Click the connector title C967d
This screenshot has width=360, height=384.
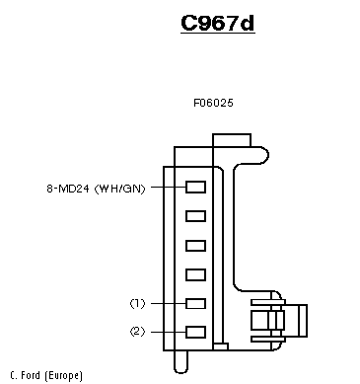click(x=218, y=23)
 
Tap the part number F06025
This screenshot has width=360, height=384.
click(x=213, y=103)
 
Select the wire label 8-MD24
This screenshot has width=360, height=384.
click(x=68, y=189)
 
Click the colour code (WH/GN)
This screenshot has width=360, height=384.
click(x=119, y=189)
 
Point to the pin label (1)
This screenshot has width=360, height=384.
click(x=137, y=303)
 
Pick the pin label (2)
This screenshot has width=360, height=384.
click(x=137, y=332)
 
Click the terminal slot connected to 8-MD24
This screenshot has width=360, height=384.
click(x=196, y=187)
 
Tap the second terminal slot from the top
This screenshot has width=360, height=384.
click(x=196, y=216)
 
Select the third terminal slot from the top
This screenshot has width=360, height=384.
click(x=196, y=246)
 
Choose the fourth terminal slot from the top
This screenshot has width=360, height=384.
click(x=196, y=274)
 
